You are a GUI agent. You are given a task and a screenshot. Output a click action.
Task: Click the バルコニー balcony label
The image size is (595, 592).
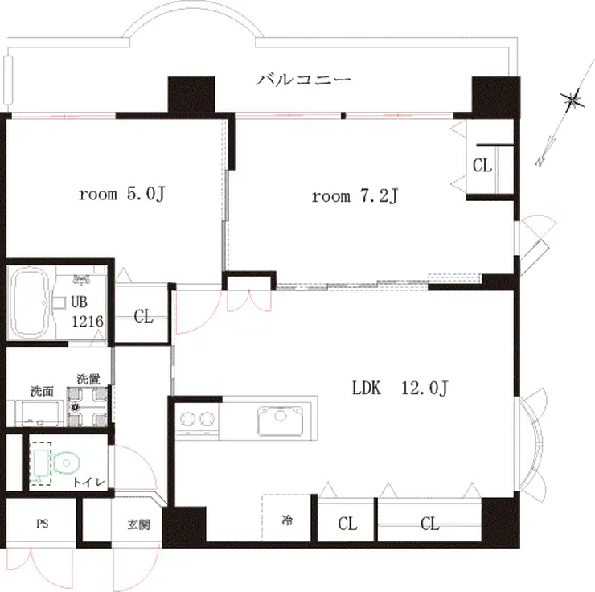pos(304,80)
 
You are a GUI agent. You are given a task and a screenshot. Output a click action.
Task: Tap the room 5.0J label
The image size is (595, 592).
pos(121,194)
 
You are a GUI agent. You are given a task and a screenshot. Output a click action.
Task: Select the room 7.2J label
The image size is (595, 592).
pos(355,196)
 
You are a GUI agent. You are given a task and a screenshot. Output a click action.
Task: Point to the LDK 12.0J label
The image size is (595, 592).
pos(400,388)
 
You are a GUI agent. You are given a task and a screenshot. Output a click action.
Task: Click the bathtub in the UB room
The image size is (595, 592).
pos(30,302)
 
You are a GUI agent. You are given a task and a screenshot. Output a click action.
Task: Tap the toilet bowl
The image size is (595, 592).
pos(67,462)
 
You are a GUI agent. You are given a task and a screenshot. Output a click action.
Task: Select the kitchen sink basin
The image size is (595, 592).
pos(281,421)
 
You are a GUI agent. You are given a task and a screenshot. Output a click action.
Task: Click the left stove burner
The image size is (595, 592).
pos(188,419)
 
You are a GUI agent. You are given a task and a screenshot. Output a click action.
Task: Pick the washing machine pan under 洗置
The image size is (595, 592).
pos(87,406)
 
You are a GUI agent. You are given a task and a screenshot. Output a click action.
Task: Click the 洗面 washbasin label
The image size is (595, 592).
pos(42,391)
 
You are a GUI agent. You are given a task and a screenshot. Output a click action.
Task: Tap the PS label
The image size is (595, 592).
pos(43,524)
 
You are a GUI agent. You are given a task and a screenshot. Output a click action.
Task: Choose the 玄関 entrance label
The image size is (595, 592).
pos(138,524)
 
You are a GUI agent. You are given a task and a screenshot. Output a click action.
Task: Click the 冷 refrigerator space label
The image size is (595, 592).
pos(287,520)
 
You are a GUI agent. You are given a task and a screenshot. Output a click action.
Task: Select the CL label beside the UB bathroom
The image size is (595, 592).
pos(143,316)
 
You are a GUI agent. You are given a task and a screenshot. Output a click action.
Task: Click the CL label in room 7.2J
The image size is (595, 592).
pos(482,166)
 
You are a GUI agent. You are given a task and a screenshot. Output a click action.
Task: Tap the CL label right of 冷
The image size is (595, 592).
pos(347,524)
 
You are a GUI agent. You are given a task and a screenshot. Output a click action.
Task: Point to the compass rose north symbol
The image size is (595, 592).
pos(571,100)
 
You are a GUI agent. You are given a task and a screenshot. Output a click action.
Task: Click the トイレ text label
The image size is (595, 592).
pos(88,483)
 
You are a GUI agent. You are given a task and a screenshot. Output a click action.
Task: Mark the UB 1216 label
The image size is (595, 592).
pos(88,311)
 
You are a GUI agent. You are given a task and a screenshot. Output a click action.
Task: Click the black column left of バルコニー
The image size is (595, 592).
pos(191,94)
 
